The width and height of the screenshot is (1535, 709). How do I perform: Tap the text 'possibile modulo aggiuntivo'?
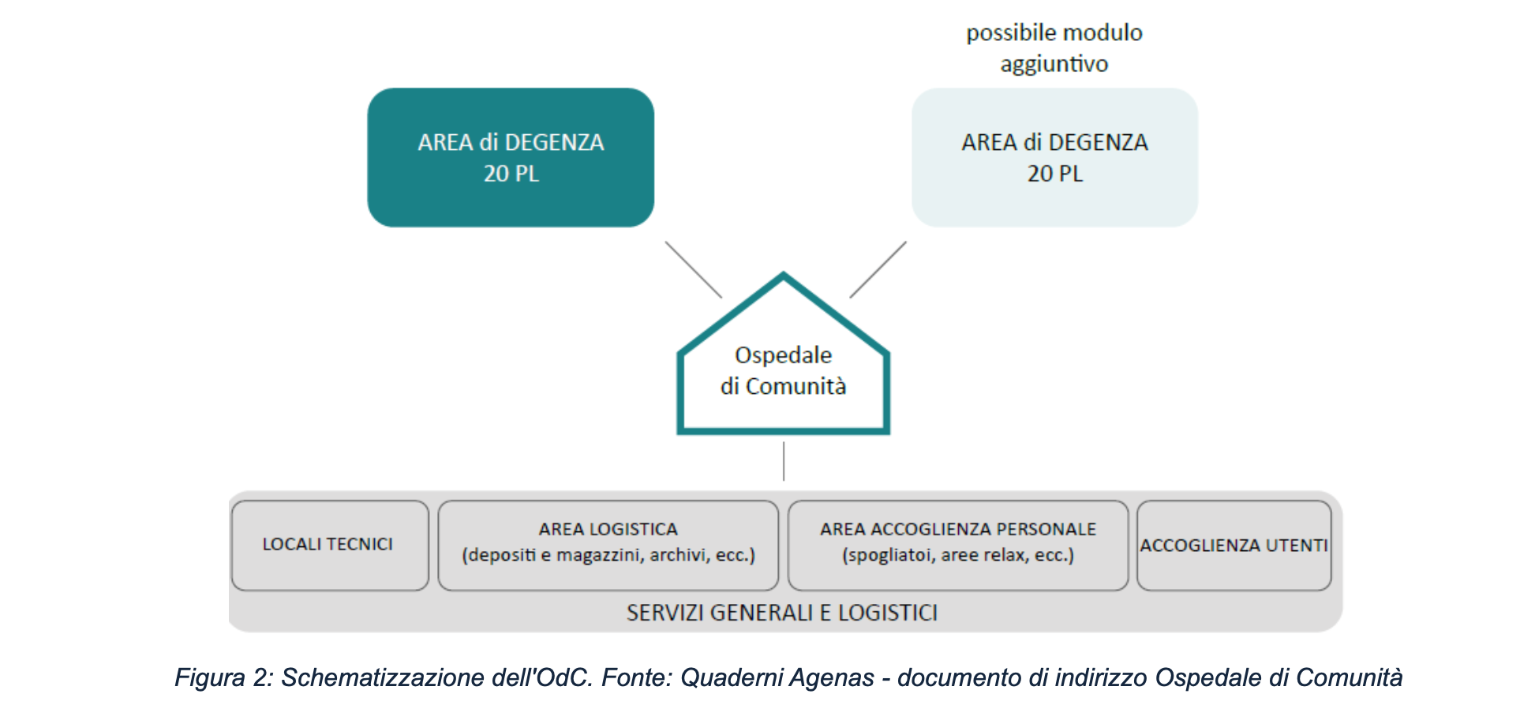pyautogui.click(x=1054, y=48)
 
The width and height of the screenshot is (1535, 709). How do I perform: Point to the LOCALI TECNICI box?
pyautogui.click(x=329, y=545)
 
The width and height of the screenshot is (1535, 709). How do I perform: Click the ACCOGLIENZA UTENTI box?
pyautogui.click(x=1234, y=546)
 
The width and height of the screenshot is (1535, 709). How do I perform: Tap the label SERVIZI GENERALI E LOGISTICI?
pyautogui.click(x=782, y=613)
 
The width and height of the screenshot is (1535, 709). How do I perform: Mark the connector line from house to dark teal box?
pyautogui.click(x=693, y=269)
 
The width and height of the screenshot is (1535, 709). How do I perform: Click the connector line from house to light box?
pyautogui.click(x=878, y=269)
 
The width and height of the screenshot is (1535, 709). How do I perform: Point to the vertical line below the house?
pyautogui.click(x=784, y=461)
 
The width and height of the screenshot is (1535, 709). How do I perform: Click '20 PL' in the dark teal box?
pyautogui.click(x=511, y=174)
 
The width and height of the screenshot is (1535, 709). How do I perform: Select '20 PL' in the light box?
pyautogui.click(x=1055, y=174)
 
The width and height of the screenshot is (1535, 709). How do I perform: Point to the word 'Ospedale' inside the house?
pyautogui.click(x=783, y=355)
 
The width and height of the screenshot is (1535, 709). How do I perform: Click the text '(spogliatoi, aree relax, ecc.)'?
pyautogui.click(x=958, y=555)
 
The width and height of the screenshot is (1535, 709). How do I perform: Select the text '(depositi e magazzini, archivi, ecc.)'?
pyautogui.click(x=608, y=555)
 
